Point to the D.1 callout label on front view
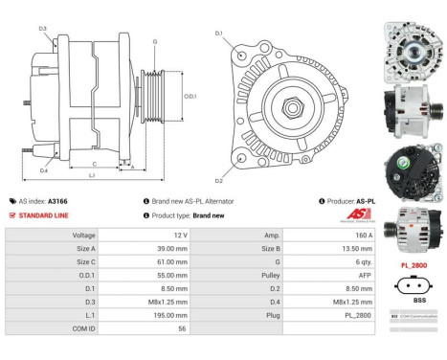coord(218,34)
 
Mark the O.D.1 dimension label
coord(190,96)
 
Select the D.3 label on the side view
coord(43,29)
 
